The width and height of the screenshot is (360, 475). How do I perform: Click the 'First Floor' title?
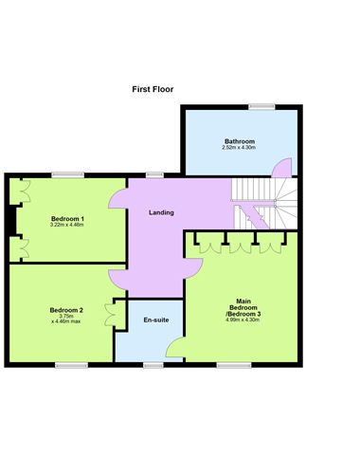153,89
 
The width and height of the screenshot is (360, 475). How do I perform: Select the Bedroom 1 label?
67,219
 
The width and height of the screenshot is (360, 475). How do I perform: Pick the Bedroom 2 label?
66,310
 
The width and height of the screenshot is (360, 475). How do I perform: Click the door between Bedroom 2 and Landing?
117,277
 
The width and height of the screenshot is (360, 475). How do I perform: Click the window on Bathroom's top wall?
262,105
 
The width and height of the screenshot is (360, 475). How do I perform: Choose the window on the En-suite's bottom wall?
152,364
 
